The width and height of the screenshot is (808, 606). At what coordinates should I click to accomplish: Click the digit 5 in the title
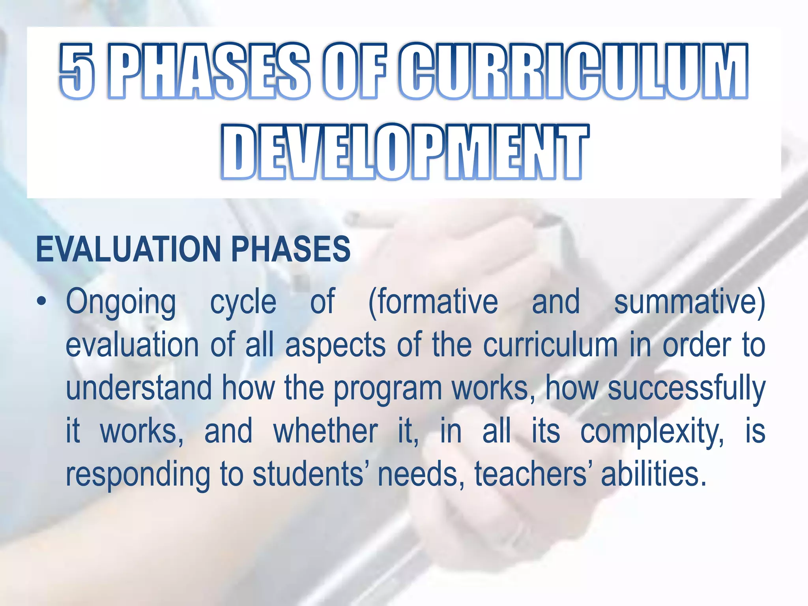coord(77,71)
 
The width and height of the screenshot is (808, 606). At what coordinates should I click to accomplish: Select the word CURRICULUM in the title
coord(573,71)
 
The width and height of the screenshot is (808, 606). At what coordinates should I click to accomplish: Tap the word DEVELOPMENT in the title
coord(405,152)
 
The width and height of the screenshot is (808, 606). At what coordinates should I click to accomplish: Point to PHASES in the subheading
coord(291,249)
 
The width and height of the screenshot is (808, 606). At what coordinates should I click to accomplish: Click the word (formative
coord(433,302)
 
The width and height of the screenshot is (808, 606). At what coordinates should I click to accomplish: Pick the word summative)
coord(690,302)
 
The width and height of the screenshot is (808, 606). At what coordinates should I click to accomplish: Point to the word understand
coord(139,388)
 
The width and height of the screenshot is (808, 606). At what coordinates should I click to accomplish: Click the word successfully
coord(686,389)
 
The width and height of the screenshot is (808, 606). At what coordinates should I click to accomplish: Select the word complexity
coord(652,432)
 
